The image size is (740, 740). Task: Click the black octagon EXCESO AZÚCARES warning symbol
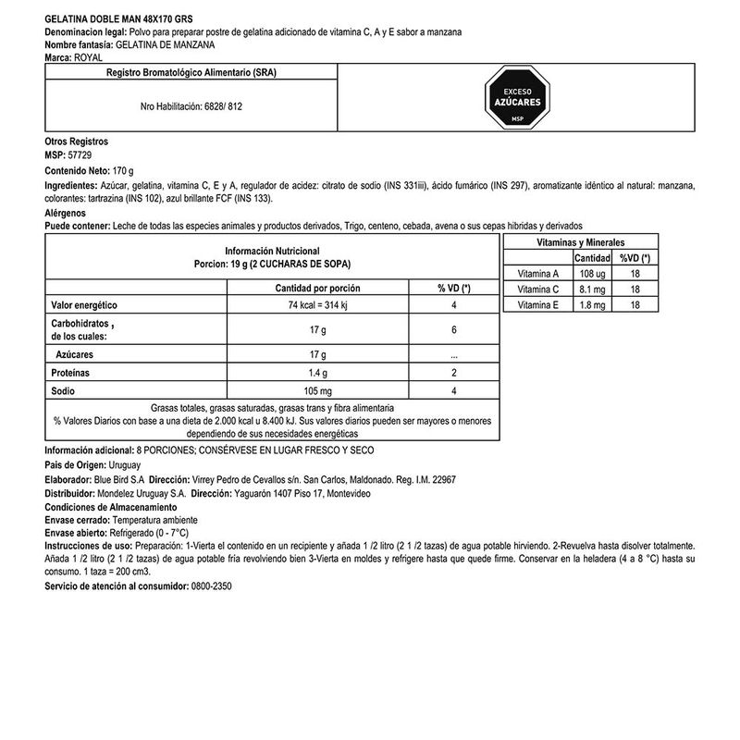(518, 99)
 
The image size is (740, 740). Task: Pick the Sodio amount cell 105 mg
(317, 391)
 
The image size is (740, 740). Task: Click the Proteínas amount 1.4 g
(317, 373)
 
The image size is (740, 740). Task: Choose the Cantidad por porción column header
(318, 288)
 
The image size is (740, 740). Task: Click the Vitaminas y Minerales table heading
(579, 240)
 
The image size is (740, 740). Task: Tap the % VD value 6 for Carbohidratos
(454, 330)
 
